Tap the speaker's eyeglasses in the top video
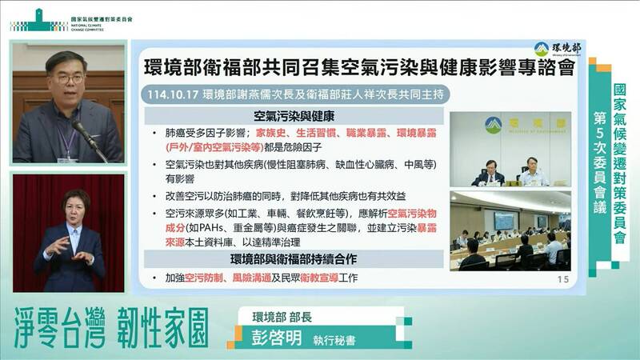(66, 78)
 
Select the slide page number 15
(562, 279)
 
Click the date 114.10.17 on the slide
(169, 95)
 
